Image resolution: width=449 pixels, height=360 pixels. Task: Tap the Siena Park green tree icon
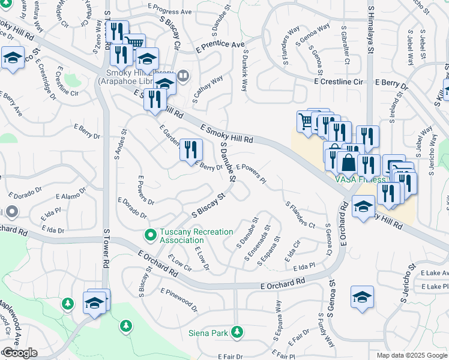(x=238, y=331)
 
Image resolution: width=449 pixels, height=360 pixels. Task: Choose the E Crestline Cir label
(x=339, y=81)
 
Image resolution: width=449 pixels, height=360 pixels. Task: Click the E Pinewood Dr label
(x=179, y=299)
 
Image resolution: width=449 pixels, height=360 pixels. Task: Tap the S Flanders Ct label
(x=300, y=214)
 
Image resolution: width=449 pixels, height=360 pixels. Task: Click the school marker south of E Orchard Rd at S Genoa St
(x=361, y=298)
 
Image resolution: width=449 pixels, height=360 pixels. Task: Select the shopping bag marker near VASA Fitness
(x=348, y=161)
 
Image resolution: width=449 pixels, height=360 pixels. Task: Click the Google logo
(x=19, y=353)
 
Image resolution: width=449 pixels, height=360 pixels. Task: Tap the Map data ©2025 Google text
(x=411, y=355)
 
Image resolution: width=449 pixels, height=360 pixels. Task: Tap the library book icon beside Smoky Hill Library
(x=182, y=77)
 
